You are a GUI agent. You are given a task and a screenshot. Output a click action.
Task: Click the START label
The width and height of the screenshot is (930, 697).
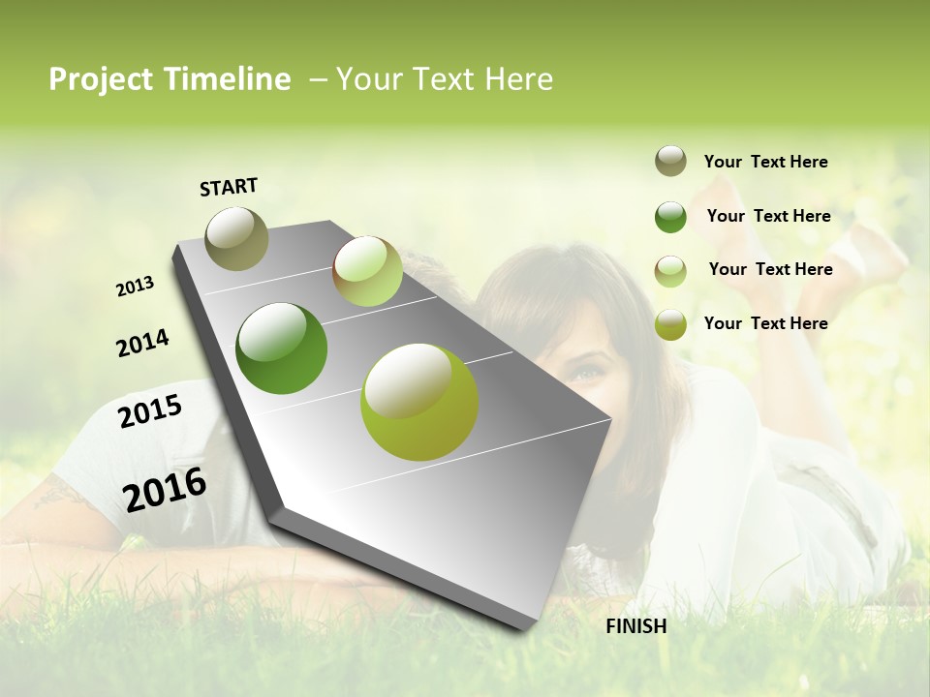pyautogui.click(x=229, y=187)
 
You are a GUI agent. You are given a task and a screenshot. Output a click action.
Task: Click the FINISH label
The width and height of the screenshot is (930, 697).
pyautogui.click(x=636, y=626)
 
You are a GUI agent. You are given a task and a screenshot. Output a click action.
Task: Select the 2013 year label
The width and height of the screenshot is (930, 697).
pyautogui.click(x=136, y=287)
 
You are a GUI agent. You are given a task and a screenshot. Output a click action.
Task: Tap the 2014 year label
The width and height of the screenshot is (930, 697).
pyautogui.click(x=142, y=343)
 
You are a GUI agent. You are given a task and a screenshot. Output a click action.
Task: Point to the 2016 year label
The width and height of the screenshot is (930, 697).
pyautogui.click(x=165, y=489)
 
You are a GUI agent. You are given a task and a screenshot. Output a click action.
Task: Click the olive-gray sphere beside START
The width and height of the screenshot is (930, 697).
pyautogui.click(x=236, y=238)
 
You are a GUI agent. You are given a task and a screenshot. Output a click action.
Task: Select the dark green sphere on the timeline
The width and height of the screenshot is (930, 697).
pyautogui.click(x=282, y=348)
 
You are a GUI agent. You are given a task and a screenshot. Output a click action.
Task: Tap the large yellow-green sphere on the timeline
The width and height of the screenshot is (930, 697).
pyautogui.click(x=419, y=402)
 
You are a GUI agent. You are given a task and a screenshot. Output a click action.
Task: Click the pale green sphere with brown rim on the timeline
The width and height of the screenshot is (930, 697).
pyautogui.click(x=367, y=271)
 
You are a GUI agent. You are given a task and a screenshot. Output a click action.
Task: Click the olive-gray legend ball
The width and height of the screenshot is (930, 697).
pyautogui.click(x=670, y=162)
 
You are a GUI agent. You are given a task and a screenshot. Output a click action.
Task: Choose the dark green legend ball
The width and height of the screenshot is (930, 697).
pyautogui.click(x=670, y=217)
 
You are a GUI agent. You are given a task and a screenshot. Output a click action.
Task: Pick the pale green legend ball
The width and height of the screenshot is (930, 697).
pyautogui.click(x=670, y=271)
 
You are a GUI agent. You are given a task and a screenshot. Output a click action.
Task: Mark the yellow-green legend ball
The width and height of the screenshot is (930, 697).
pyautogui.click(x=670, y=324)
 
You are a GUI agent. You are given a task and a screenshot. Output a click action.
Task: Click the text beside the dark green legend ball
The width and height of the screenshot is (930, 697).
pyautogui.click(x=768, y=216)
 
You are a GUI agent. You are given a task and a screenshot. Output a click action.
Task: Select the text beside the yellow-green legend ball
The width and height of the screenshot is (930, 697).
pyautogui.click(x=765, y=323)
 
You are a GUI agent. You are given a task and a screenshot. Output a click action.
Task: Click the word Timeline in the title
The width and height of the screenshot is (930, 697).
pyautogui.click(x=228, y=79)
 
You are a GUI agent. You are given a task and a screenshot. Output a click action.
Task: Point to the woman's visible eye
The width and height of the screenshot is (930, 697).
pyautogui.click(x=583, y=369)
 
